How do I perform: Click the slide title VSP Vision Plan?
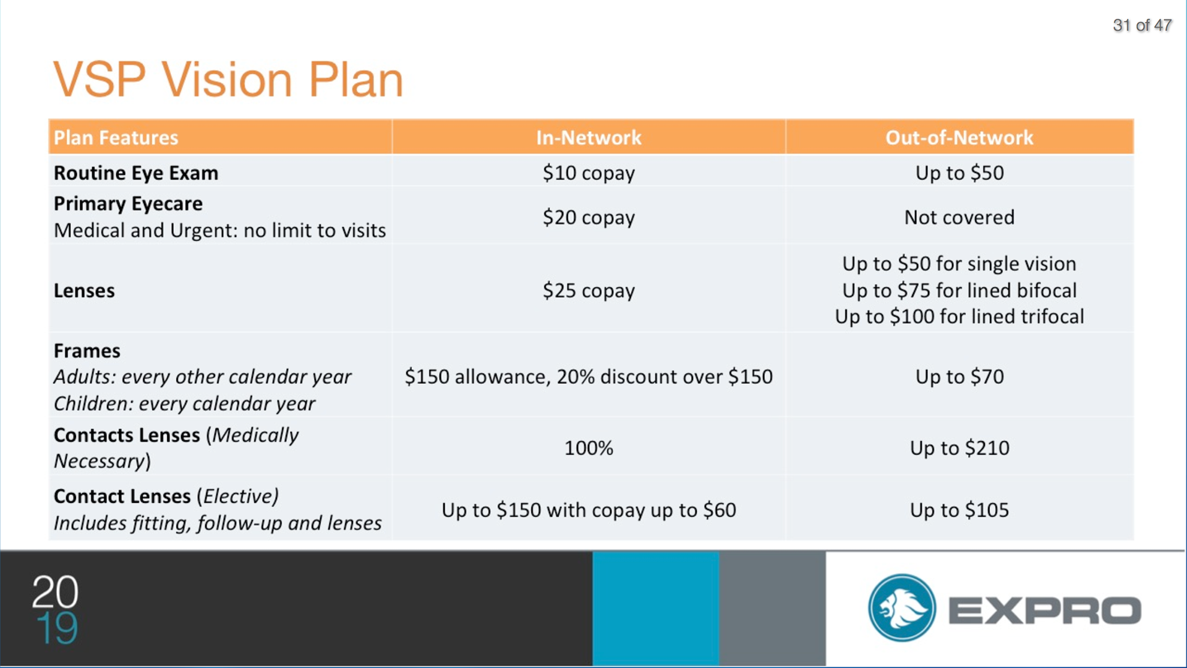coord(228,80)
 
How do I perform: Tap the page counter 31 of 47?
coord(1142,25)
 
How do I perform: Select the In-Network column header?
coord(589,137)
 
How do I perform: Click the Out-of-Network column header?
coord(959,137)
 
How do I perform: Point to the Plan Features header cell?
coord(116,137)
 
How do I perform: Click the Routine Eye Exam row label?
coord(136,173)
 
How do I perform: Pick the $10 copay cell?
coord(589,173)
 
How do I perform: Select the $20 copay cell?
coord(589,218)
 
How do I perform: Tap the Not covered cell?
coord(959,217)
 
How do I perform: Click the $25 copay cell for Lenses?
coord(589,291)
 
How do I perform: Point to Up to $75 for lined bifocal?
coord(959,290)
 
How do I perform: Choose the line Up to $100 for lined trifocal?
coord(959,316)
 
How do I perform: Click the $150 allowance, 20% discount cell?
coord(589,377)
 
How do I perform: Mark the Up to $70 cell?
coord(959,377)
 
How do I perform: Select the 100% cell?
coord(589,448)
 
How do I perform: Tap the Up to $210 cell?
coord(959,448)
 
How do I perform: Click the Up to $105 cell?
coord(959,510)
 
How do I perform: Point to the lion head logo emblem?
coord(902,607)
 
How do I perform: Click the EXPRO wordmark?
coord(1045,610)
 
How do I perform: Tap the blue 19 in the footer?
coord(57,628)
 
